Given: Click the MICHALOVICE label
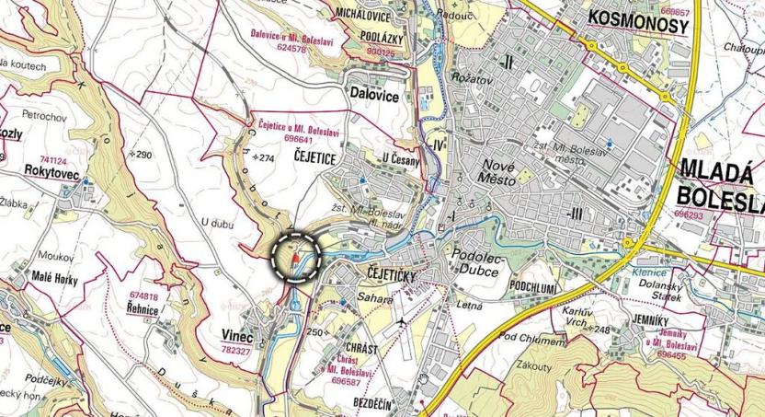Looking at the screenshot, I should pyautogui.click(x=363, y=17).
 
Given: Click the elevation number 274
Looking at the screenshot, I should pyautogui.click(x=267, y=158).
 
